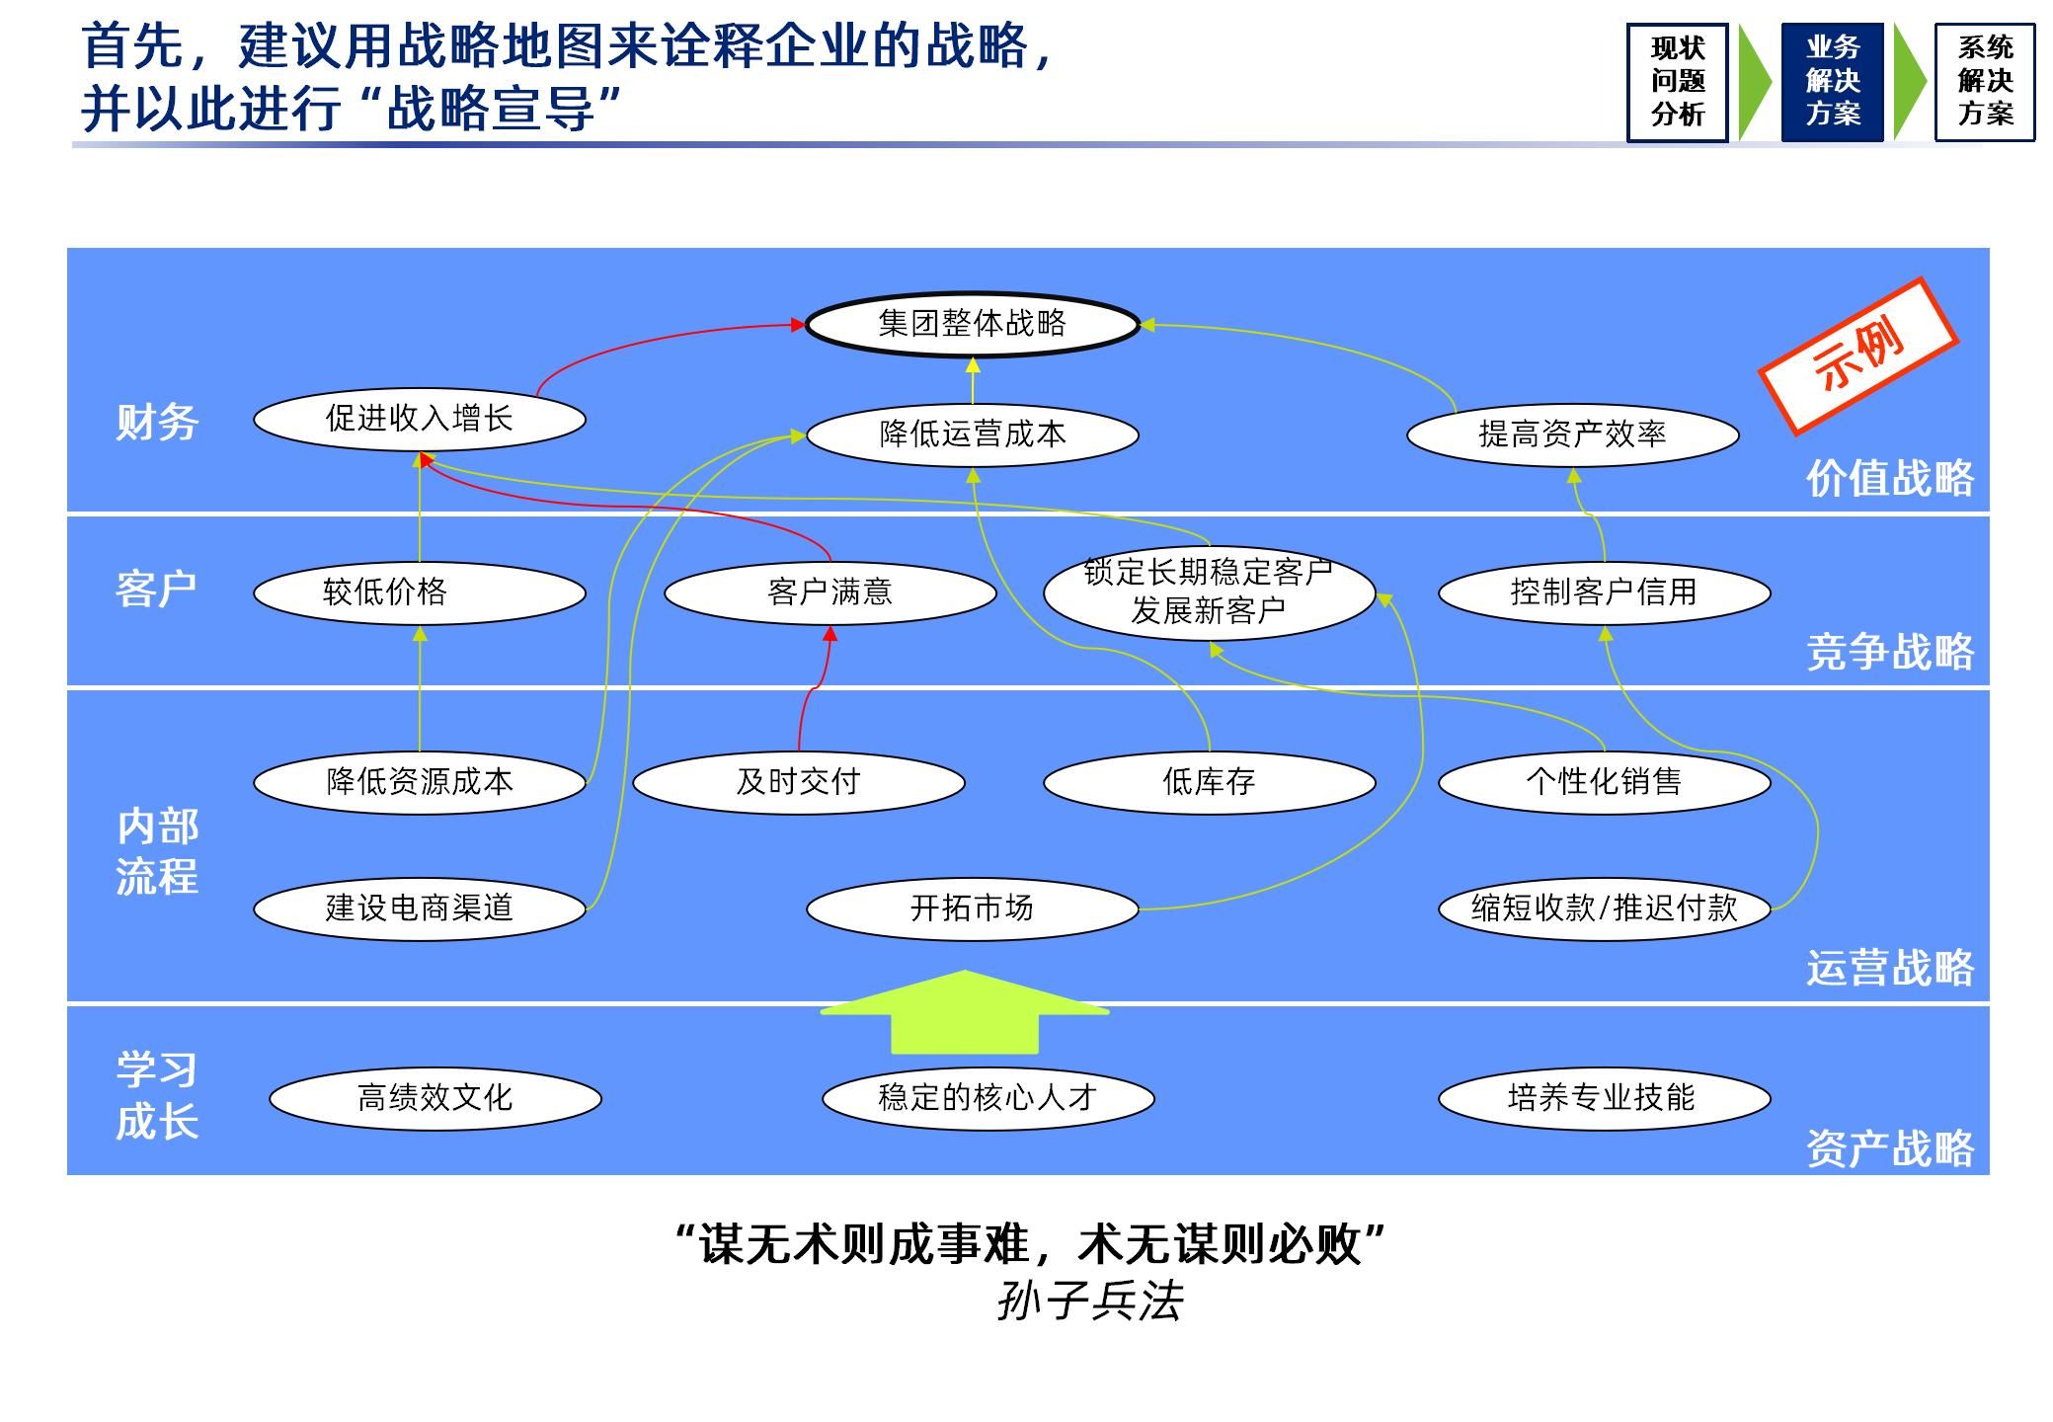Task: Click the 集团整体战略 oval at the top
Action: click(x=973, y=323)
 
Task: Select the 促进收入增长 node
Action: click(x=420, y=419)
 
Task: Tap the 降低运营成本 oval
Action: click(x=973, y=434)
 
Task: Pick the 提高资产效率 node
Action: click(x=1572, y=434)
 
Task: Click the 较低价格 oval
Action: click(x=420, y=592)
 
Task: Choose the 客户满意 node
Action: click(x=829, y=592)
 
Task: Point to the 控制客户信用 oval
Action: click(x=1604, y=592)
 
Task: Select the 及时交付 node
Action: click(x=798, y=782)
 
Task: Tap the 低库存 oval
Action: click(x=1209, y=782)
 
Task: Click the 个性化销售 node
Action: click(x=1604, y=782)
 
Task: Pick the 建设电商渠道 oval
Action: click(x=420, y=908)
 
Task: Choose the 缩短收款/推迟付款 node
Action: click(x=1604, y=908)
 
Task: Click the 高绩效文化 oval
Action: click(x=434, y=1098)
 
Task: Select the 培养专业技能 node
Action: click(x=1604, y=1098)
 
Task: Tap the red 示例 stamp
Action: click(x=1857, y=355)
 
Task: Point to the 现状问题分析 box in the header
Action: click(x=1678, y=82)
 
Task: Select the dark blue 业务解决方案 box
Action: click(x=1833, y=82)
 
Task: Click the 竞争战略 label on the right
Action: click(x=1889, y=653)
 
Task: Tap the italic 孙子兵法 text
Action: click(x=1090, y=1302)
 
